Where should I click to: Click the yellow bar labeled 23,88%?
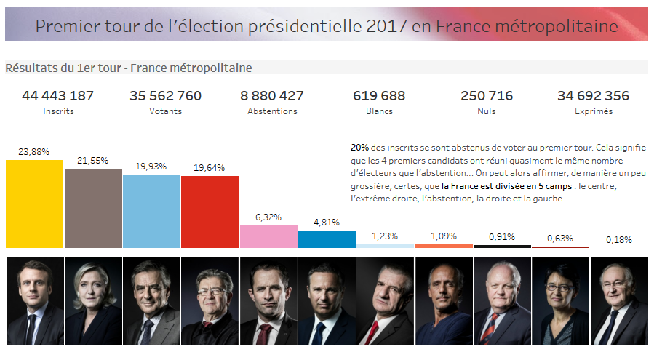click(x=34, y=204)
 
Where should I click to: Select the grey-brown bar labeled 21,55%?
click(x=93, y=208)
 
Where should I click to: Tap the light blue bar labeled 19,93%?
click(x=151, y=211)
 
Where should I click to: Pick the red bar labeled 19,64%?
click(x=210, y=212)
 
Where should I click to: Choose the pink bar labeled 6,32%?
click(x=268, y=237)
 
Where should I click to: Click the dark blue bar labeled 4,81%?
click(x=327, y=240)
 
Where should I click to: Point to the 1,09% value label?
click(x=443, y=236)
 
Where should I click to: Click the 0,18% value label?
click(x=618, y=239)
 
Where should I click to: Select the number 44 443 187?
click(x=58, y=96)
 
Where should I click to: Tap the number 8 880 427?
click(x=272, y=96)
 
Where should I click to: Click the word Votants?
click(x=166, y=111)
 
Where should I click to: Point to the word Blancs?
click(x=378, y=111)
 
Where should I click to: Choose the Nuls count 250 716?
click(x=487, y=96)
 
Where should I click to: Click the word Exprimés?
click(x=593, y=111)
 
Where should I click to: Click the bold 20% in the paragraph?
click(x=359, y=147)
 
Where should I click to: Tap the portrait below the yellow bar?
click(x=34, y=300)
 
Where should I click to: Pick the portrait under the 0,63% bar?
click(x=560, y=300)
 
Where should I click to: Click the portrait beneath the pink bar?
click(x=268, y=300)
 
